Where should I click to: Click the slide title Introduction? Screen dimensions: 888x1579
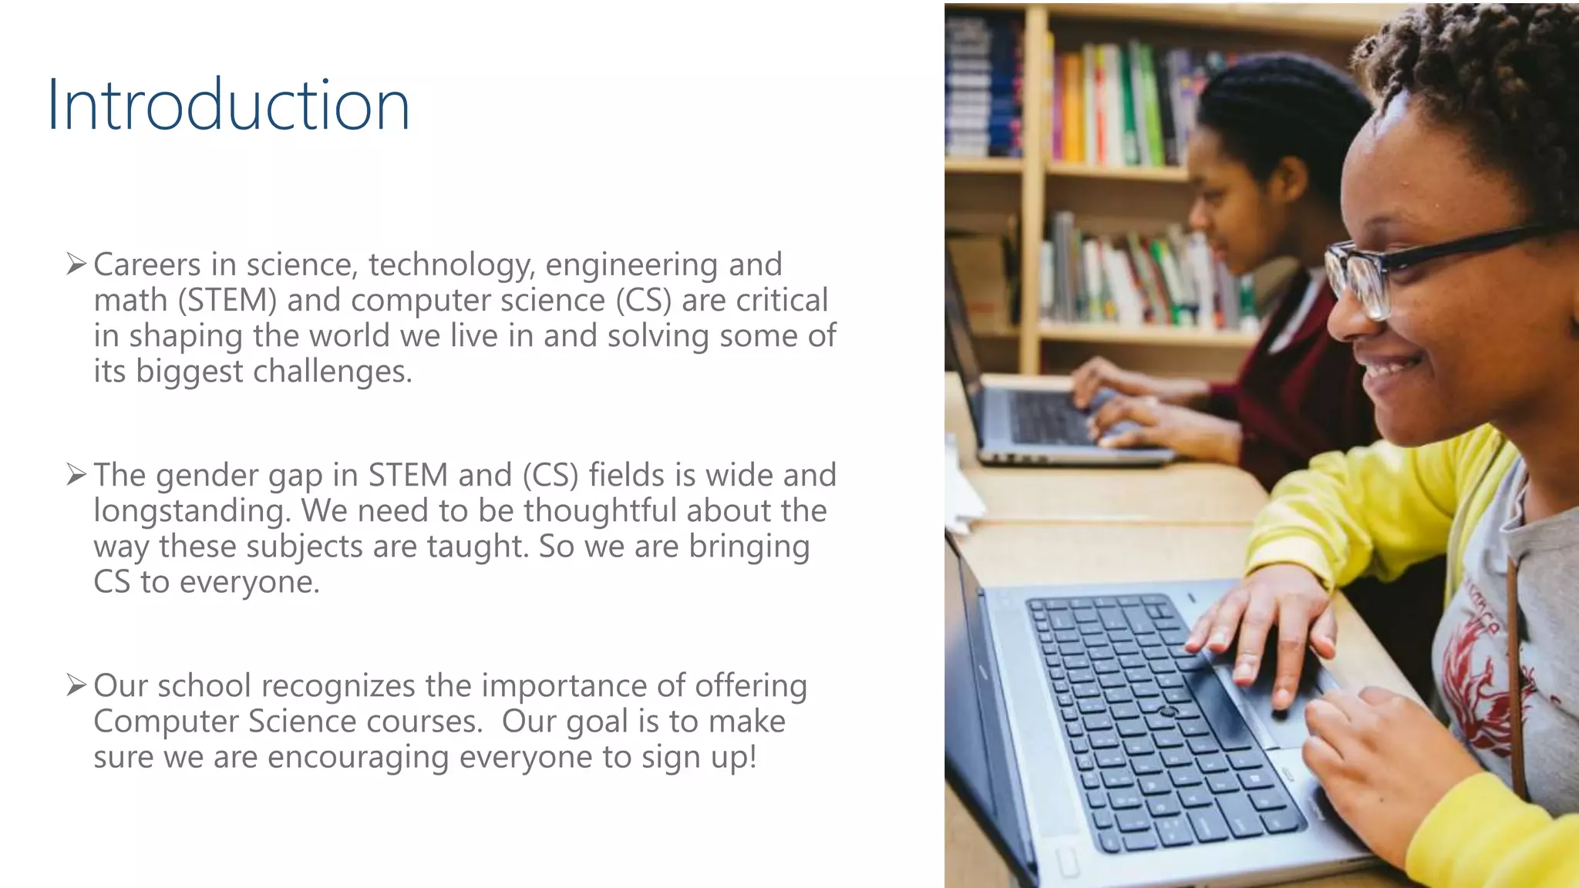click(x=228, y=105)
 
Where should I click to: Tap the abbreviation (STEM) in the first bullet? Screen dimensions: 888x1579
click(x=227, y=301)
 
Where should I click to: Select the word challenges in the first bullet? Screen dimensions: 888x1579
click(x=332, y=372)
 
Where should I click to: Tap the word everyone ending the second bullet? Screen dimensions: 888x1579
click(x=248, y=582)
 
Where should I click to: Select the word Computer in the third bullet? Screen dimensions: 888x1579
click(x=166, y=721)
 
